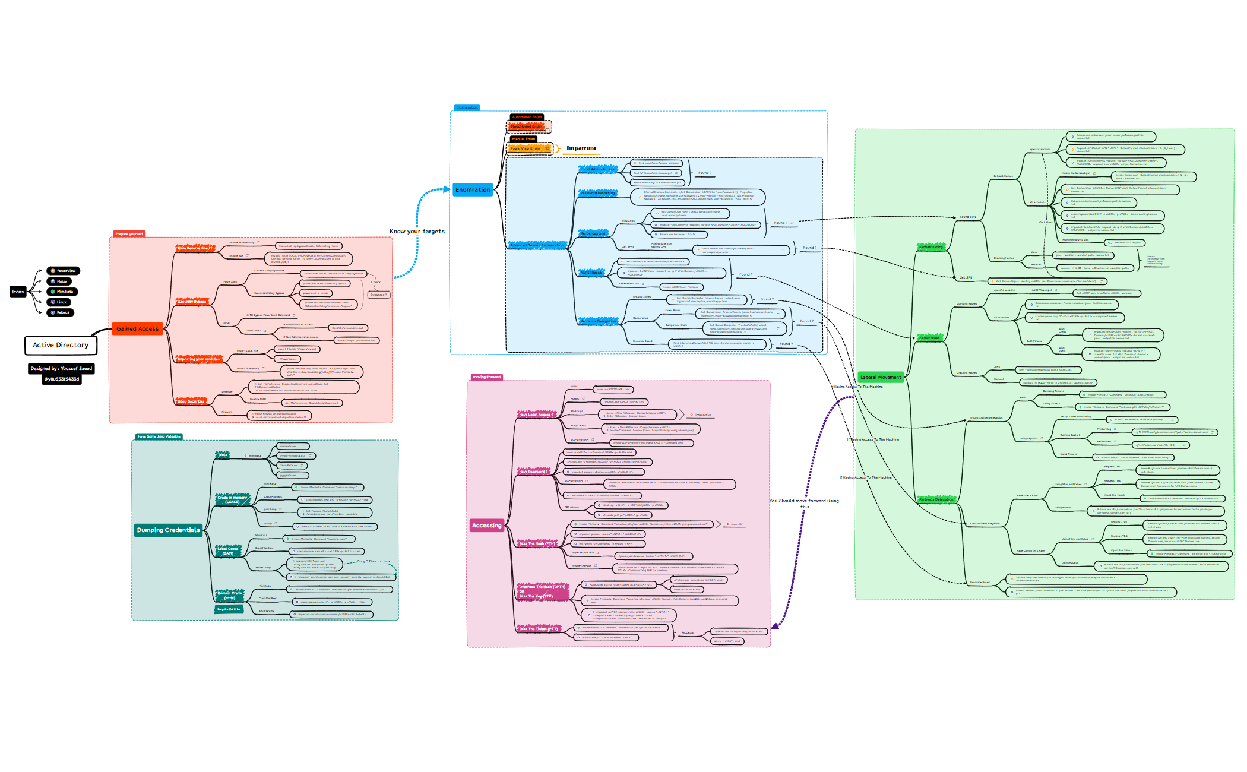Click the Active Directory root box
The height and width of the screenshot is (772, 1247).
click(61, 345)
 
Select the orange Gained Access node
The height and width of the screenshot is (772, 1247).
click(137, 328)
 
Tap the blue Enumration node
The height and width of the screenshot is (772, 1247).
click(473, 190)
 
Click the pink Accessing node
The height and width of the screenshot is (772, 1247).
click(486, 526)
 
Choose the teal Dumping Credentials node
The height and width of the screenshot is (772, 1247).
click(168, 530)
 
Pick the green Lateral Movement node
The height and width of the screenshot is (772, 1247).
click(881, 377)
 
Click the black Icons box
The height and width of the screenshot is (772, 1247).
click(18, 292)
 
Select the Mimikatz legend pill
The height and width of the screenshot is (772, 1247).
click(63, 292)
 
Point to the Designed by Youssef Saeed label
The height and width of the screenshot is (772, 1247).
click(61, 368)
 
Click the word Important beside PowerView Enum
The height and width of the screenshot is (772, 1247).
click(581, 148)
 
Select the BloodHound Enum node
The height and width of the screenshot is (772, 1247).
click(526, 126)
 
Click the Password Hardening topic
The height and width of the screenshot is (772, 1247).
click(597, 193)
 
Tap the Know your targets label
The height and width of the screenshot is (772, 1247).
click(417, 232)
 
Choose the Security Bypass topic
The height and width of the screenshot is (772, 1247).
click(192, 302)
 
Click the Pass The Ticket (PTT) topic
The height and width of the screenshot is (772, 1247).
click(538, 629)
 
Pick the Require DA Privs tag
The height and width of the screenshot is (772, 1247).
click(229, 609)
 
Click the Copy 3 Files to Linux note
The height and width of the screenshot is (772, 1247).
click(374, 561)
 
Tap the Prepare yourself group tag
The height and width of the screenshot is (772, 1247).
click(129, 234)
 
